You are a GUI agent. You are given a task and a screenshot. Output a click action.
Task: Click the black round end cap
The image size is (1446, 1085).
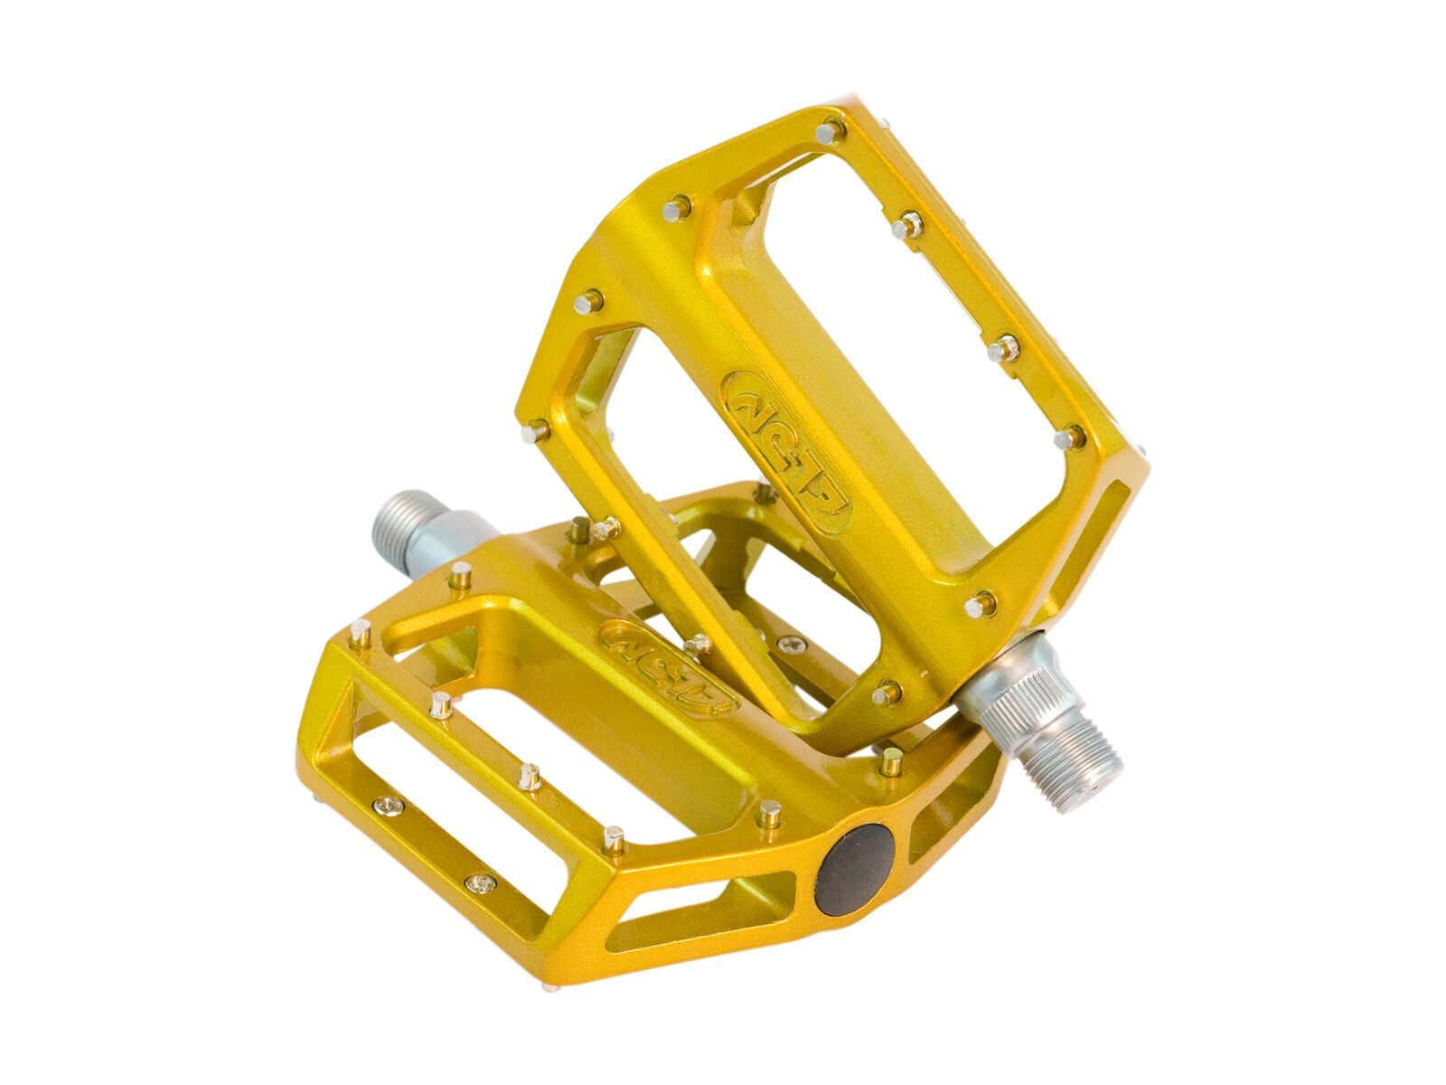pyautogui.click(x=854, y=869)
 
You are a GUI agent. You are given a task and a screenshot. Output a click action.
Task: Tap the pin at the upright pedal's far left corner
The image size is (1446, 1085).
pyautogui.click(x=536, y=432)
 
